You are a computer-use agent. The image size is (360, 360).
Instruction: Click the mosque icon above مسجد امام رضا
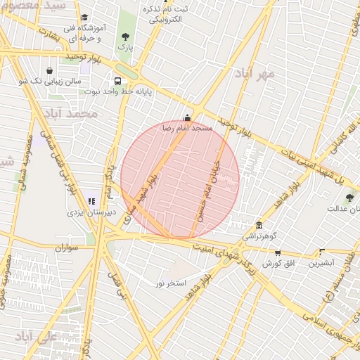[x=187, y=118]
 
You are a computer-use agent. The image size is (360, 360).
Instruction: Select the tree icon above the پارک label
[x=125, y=36]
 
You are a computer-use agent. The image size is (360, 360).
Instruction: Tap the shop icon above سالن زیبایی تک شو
[x=49, y=71]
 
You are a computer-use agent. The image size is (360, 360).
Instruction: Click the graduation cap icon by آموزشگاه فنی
[x=84, y=18]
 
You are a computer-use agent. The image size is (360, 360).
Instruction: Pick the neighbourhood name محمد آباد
[x=70, y=112]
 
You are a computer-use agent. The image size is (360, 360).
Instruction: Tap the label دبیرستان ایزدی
[x=86, y=212]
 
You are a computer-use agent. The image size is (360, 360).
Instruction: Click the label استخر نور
[x=170, y=283]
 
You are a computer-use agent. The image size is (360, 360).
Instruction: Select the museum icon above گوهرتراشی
[x=259, y=225]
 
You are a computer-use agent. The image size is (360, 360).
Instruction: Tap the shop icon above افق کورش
[x=278, y=252]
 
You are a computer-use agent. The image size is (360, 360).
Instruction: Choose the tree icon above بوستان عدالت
[x=349, y=198]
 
